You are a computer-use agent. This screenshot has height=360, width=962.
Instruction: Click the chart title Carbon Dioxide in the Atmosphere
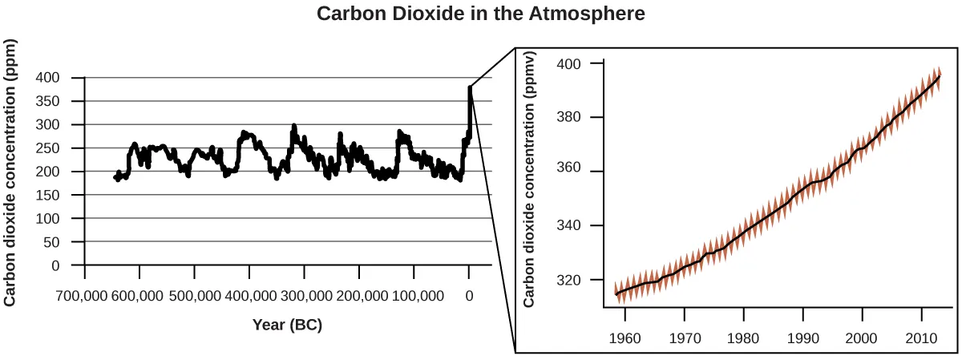[x=481, y=14]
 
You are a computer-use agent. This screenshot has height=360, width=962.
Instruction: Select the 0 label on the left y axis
[x=55, y=265]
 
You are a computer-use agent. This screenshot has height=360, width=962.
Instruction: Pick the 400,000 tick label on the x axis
[x=249, y=296]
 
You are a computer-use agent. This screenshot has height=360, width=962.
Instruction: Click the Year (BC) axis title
[x=287, y=325]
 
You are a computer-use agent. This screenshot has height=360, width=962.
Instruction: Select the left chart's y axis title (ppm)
[x=10, y=172]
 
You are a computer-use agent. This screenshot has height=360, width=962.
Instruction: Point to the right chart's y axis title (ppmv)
[x=529, y=180]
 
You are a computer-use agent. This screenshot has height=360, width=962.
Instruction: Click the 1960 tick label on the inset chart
[x=625, y=338]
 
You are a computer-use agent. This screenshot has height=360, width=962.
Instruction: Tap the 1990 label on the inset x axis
[x=802, y=338]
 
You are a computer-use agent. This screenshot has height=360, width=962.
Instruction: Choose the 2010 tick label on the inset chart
[x=920, y=338]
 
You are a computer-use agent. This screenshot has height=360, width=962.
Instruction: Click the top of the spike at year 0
[x=470, y=87]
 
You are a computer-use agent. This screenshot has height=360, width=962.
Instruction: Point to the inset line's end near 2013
[x=939, y=75]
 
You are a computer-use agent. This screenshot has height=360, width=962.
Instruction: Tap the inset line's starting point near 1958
[x=615, y=293]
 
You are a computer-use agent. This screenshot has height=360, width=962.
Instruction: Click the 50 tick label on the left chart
[x=52, y=242]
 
